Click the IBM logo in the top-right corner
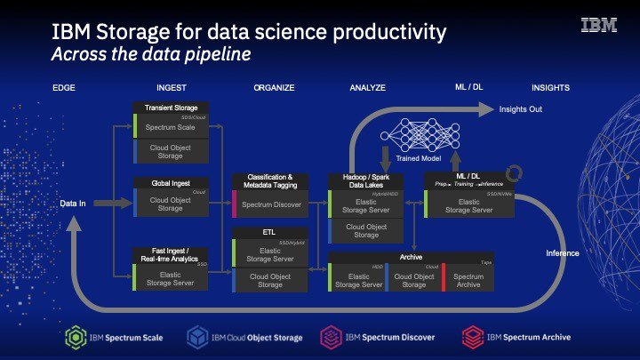tap(598, 26)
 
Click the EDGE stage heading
tap(64, 89)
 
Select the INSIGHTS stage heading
tap(550, 89)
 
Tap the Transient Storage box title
tap(171, 108)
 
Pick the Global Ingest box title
tap(171, 182)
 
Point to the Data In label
tap(73, 204)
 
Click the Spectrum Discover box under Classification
tap(271, 204)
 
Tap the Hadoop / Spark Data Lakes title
tap(366, 182)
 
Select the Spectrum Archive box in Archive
tap(468, 280)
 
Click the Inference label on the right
tap(562, 253)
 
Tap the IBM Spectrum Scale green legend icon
tap(76, 337)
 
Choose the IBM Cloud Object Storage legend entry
tap(244, 338)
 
